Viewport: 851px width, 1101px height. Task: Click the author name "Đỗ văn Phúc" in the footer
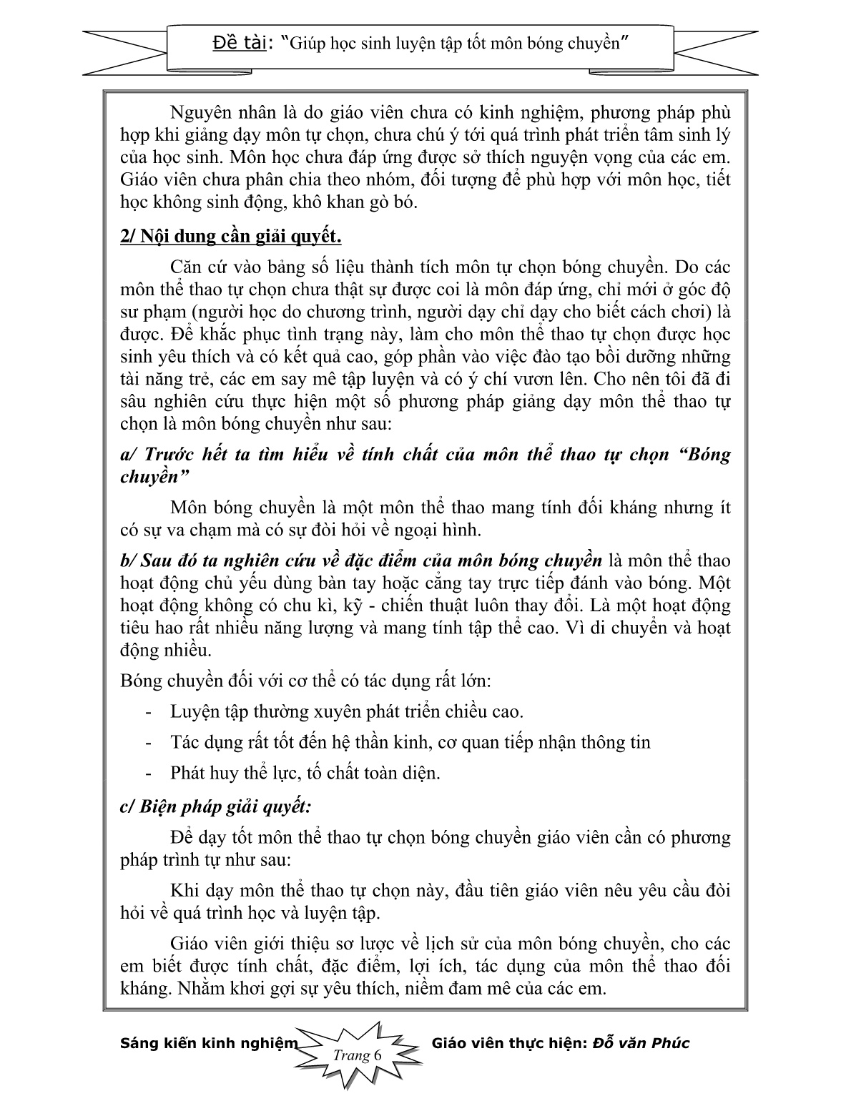(x=641, y=1043)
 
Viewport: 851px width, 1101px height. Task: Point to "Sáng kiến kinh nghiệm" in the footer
(x=208, y=1043)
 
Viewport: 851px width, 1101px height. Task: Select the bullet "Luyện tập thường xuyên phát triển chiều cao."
(x=347, y=712)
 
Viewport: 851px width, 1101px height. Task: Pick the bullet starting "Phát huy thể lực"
(x=305, y=773)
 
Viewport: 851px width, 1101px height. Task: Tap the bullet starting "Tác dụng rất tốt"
(x=410, y=742)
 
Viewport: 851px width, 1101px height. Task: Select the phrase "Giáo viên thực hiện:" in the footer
(x=510, y=1043)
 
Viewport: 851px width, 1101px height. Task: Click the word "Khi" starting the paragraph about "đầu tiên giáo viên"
(x=184, y=891)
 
